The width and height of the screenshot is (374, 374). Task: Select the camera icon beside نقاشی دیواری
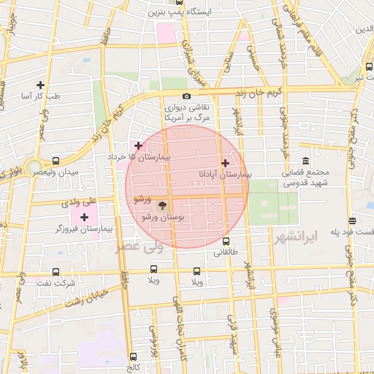[x=187, y=96]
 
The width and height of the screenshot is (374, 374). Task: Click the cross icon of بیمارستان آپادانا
[x=225, y=164]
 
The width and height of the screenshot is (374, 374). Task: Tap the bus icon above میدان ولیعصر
[x=56, y=160]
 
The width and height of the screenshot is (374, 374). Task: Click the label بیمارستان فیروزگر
[x=83, y=229]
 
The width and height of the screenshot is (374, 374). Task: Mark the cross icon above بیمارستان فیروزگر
[x=85, y=217]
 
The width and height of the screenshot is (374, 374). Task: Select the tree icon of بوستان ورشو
[x=162, y=207]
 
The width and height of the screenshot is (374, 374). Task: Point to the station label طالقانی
[x=225, y=253]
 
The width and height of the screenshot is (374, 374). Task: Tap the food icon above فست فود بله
[x=353, y=221]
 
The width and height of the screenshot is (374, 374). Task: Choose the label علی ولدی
[x=81, y=199]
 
